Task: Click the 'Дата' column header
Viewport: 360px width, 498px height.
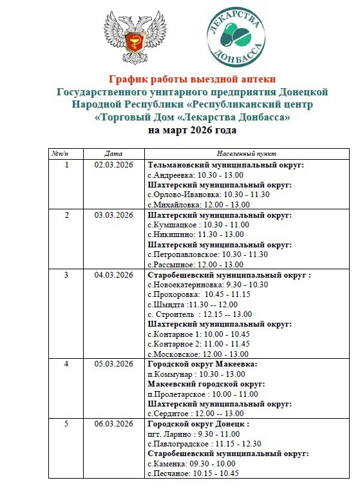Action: (x=113, y=155)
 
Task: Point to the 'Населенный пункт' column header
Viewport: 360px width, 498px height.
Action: (x=247, y=155)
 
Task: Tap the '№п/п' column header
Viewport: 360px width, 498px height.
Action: (x=66, y=155)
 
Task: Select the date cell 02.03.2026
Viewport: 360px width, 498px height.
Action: (x=113, y=165)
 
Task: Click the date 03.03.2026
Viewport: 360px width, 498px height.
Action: (x=113, y=215)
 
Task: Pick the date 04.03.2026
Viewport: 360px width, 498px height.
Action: (x=113, y=274)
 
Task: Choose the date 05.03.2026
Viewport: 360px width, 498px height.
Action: (x=113, y=364)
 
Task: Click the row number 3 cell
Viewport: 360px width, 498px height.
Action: (x=66, y=274)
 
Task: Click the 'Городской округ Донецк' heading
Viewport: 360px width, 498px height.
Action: (x=198, y=424)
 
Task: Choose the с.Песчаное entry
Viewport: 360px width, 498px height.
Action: (x=193, y=474)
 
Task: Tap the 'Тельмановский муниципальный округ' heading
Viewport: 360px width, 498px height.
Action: (x=225, y=165)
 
